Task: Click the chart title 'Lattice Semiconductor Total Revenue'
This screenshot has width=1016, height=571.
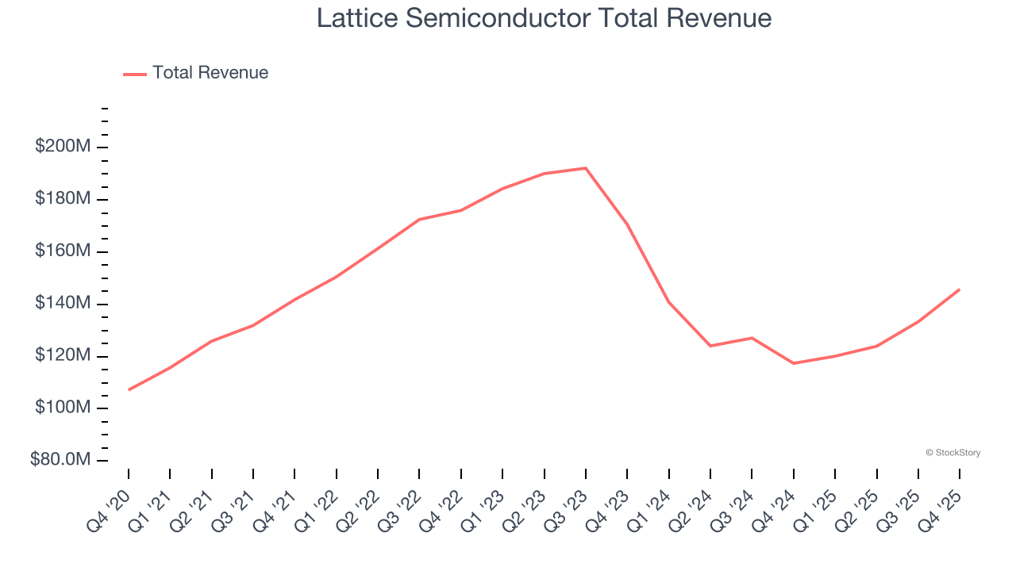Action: [x=544, y=17]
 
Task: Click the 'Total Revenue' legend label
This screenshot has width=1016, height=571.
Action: [x=210, y=73]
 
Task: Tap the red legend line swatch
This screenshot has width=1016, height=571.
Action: [x=135, y=74]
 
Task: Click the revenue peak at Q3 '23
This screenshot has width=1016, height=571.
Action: [x=586, y=168]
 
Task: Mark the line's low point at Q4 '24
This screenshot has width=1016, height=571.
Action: [x=794, y=363]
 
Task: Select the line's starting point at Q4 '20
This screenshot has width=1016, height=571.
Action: [x=129, y=389]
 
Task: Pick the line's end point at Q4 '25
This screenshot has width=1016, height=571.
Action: [x=960, y=289]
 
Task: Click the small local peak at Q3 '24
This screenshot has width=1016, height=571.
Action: [x=752, y=338]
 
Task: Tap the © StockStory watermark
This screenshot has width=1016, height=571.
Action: [x=952, y=453]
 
